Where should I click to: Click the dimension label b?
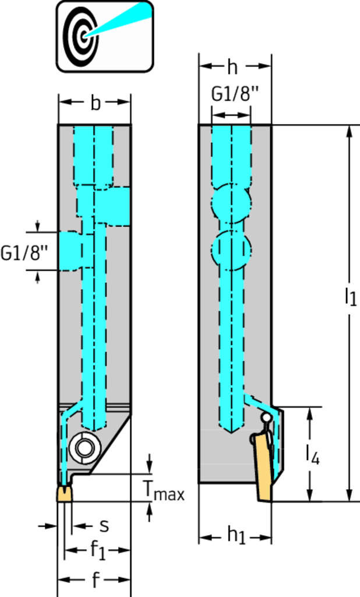pyautogui.click(x=95, y=103)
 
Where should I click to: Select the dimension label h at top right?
pyautogui.click(x=232, y=68)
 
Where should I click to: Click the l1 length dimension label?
pyautogui.click(x=350, y=297)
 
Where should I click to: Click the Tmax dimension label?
pyautogui.click(x=164, y=493)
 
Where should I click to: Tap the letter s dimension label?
pyautogui.click(x=104, y=526)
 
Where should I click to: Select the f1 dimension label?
pyautogui.click(x=97, y=550)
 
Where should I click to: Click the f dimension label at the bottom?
pyautogui.click(x=95, y=580)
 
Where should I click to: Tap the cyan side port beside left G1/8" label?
pyautogui.click(x=72, y=250)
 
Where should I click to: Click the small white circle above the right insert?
pyautogui.click(x=266, y=417)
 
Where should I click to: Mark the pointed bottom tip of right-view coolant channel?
pyautogui.click(x=231, y=432)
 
